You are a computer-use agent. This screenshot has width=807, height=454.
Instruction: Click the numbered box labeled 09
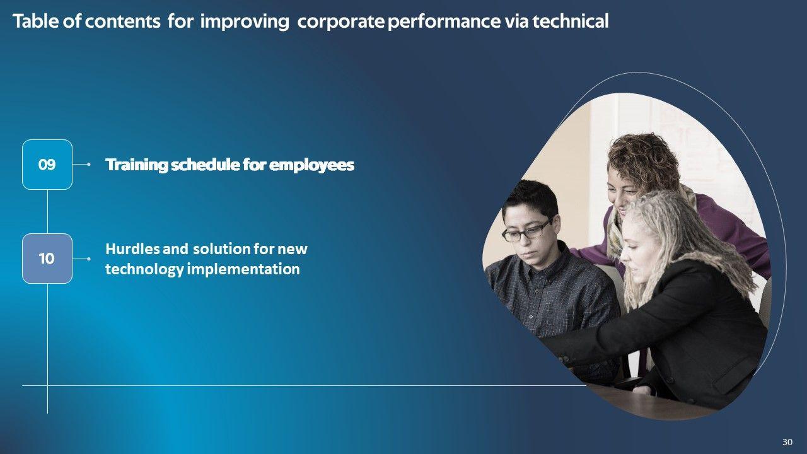click(x=47, y=165)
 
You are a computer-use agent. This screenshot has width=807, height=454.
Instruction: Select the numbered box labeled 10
click(x=47, y=259)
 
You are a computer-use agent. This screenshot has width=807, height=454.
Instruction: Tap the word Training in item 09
click(x=137, y=165)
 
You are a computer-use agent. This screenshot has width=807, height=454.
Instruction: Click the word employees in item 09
click(x=311, y=165)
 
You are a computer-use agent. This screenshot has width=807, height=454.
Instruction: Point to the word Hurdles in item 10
click(x=132, y=249)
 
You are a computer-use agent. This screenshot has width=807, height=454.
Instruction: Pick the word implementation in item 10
click(x=243, y=269)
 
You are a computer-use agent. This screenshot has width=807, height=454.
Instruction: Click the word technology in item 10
click(x=144, y=269)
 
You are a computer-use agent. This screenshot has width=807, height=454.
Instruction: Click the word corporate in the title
click(x=341, y=21)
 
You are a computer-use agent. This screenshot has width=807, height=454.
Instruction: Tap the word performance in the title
click(x=444, y=21)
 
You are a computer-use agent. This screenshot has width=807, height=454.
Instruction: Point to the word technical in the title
click(x=571, y=21)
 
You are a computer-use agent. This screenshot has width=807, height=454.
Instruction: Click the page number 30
click(x=787, y=442)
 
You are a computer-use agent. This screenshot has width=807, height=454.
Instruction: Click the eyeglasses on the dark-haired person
click(x=526, y=231)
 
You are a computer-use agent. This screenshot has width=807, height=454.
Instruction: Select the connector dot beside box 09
click(x=89, y=165)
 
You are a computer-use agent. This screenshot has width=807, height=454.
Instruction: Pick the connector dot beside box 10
click(x=89, y=259)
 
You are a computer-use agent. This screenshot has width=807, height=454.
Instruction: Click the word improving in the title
click(x=245, y=21)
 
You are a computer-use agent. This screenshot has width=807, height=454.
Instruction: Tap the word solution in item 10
click(x=221, y=249)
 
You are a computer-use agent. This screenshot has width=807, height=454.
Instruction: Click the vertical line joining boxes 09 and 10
click(x=47, y=212)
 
